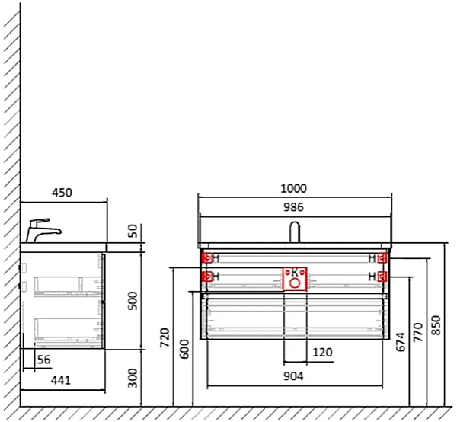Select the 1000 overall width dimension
click(293, 188)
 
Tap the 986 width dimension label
click(293, 206)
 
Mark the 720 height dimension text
click(165, 337)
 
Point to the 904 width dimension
click(293, 376)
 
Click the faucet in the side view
click(40, 229)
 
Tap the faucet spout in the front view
click(295, 231)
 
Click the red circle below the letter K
click(295, 283)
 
